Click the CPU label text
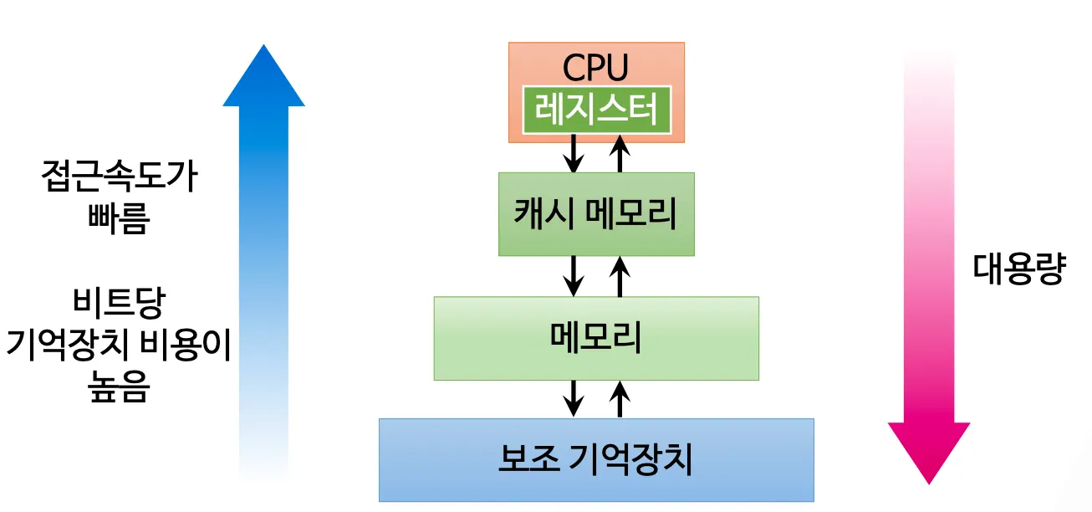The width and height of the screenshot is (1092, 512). coord(595,68)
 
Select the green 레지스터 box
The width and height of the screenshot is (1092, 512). coord(597,110)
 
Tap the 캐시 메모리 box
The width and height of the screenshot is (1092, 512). coord(596,214)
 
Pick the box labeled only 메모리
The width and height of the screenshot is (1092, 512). coord(596,339)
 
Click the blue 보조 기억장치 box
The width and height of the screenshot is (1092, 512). coord(596,460)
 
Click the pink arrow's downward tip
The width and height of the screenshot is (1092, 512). coord(929,484)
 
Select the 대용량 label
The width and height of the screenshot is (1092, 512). coord(1019,269)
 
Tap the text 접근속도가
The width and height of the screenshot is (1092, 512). coord(120,176)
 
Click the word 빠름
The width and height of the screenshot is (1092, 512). coord(119,218)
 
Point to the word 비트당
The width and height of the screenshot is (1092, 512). coord(119,303)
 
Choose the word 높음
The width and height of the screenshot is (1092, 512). coord(119,387)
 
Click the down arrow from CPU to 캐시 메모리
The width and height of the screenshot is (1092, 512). coord(574,153)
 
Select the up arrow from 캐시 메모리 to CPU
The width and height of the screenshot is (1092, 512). coord(620,153)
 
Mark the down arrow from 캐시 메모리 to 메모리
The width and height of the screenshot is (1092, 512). coord(574,276)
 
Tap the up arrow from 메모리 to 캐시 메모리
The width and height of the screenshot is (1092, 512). coord(620,276)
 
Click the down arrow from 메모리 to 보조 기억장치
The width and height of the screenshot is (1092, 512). coord(574,399)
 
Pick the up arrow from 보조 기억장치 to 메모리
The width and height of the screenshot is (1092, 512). coord(620,399)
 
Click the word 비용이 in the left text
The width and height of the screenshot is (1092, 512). coord(186,345)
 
